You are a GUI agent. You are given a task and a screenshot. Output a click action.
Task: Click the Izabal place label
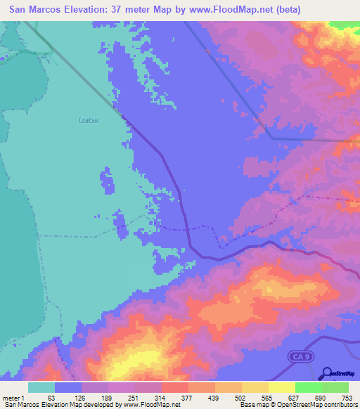pyautogui.click(x=88, y=120)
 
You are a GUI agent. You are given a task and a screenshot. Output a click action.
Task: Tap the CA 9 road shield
pyautogui.click(x=301, y=358)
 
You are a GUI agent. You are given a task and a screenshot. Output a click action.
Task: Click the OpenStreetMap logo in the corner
pyautogui.click(x=340, y=372)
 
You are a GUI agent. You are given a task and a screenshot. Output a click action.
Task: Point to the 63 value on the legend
pyautogui.click(x=51, y=398)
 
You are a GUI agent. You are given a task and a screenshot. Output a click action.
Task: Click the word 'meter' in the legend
pyautogui.click(x=13, y=398)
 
